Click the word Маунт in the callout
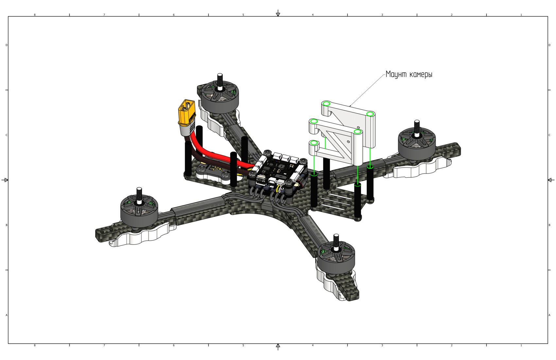(395, 74)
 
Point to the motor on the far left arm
(139, 211)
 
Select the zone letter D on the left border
(7, 45)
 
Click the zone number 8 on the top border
(35, 15)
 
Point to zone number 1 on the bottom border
(521, 345)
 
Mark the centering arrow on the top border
(278, 13)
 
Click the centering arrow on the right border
(551, 180)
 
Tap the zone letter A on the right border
(549, 315)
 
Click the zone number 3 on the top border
(382, 15)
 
